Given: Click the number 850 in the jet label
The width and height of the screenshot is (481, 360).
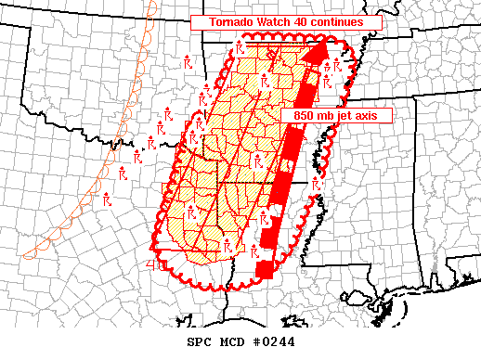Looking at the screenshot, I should (x=298, y=114).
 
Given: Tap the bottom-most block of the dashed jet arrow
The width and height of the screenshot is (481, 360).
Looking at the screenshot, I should (x=266, y=269).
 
